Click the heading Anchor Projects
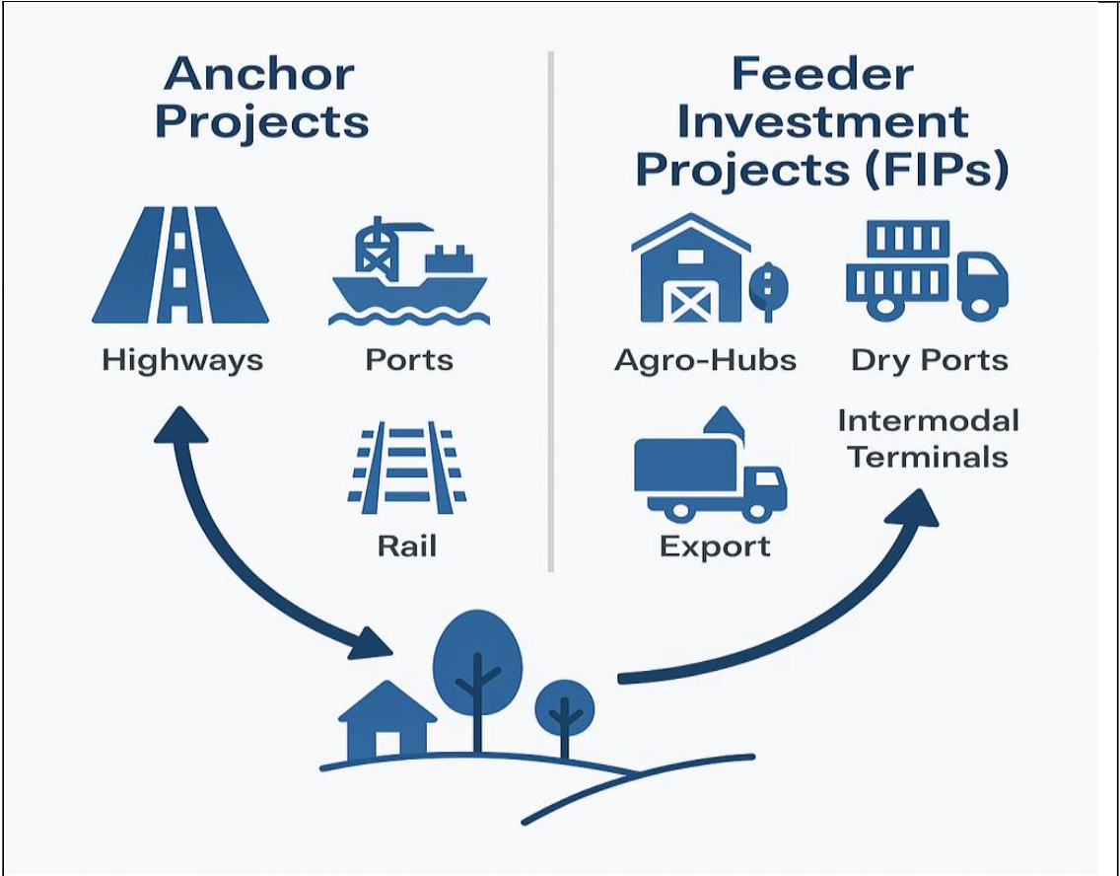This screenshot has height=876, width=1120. [262, 99]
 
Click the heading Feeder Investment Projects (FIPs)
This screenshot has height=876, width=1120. [822, 122]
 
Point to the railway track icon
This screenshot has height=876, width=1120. [407, 469]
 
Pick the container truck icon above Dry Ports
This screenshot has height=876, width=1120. [926, 268]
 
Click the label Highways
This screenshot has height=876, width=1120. [182, 360]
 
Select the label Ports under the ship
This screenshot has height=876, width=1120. [409, 359]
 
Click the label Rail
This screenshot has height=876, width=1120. [406, 545]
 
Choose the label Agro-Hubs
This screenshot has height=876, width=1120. [705, 360]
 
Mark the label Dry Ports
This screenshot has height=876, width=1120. [929, 360]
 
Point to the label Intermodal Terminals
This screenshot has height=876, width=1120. [928, 439]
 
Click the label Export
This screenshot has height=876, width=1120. [715, 546]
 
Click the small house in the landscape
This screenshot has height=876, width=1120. [386, 719]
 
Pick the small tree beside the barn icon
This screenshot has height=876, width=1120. [769, 286]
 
